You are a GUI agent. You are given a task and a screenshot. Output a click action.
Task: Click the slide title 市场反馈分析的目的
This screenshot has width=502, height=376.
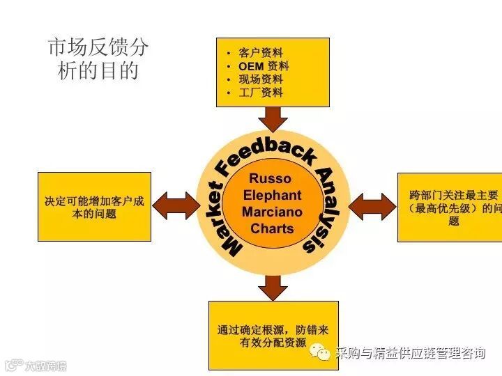[x=98, y=58]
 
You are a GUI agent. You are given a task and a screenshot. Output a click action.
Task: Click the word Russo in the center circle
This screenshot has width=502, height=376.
[x=270, y=179]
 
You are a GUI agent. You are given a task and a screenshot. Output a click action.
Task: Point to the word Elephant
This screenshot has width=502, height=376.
[x=272, y=196]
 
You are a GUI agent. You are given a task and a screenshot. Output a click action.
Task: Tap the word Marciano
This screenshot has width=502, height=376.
[x=272, y=212]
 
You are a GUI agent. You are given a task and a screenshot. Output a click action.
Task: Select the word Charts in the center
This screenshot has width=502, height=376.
[x=272, y=228]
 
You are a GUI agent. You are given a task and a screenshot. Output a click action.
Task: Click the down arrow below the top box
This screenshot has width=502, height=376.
[x=272, y=119]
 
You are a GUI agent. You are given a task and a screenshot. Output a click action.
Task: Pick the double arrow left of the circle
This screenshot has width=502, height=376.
[x=176, y=205]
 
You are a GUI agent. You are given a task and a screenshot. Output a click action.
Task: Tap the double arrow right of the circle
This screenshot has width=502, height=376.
[x=372, y=206]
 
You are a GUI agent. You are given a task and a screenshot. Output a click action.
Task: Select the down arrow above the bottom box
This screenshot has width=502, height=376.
[x=273, y=287]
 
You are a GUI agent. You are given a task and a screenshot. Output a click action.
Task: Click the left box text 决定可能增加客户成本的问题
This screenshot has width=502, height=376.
[x=94, y=207]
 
